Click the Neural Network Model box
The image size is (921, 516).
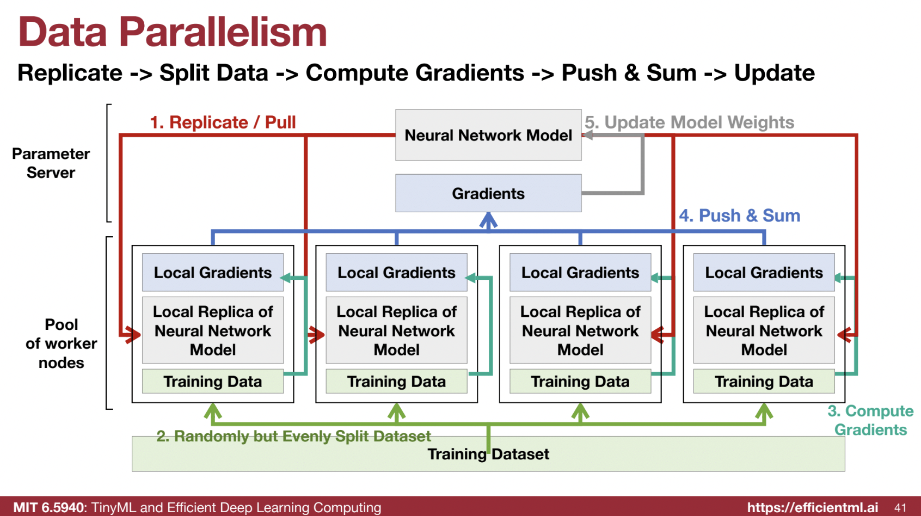[x=488, y=135]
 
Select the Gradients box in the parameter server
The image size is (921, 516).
[x=488, y=193]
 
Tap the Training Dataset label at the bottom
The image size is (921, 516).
[x=488, y=454]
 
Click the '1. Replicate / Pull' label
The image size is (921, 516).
[x=223, y=122]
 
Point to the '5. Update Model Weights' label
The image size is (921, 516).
[x=689, y=122]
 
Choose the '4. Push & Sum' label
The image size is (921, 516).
[x=739, y=216]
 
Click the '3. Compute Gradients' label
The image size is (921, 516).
[x=870, y=420]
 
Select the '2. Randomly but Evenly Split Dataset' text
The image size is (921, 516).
[x=293, y=436]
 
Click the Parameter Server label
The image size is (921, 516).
[x=51, y=163]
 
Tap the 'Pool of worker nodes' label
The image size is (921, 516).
[x=62, y=343]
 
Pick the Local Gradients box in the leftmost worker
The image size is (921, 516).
[x=213, y=272]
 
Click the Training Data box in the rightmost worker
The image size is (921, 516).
[x=764, y=382]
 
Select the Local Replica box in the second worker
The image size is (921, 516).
[x=396, y=330]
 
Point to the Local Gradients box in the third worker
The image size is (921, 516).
[x=580, y=272]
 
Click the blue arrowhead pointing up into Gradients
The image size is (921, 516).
[x=488, y=220]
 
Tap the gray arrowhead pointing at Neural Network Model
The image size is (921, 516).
[x=588, y=135]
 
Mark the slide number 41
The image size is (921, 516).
[x=900, y=508]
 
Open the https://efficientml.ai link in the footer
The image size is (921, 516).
[x=812, y=508]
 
